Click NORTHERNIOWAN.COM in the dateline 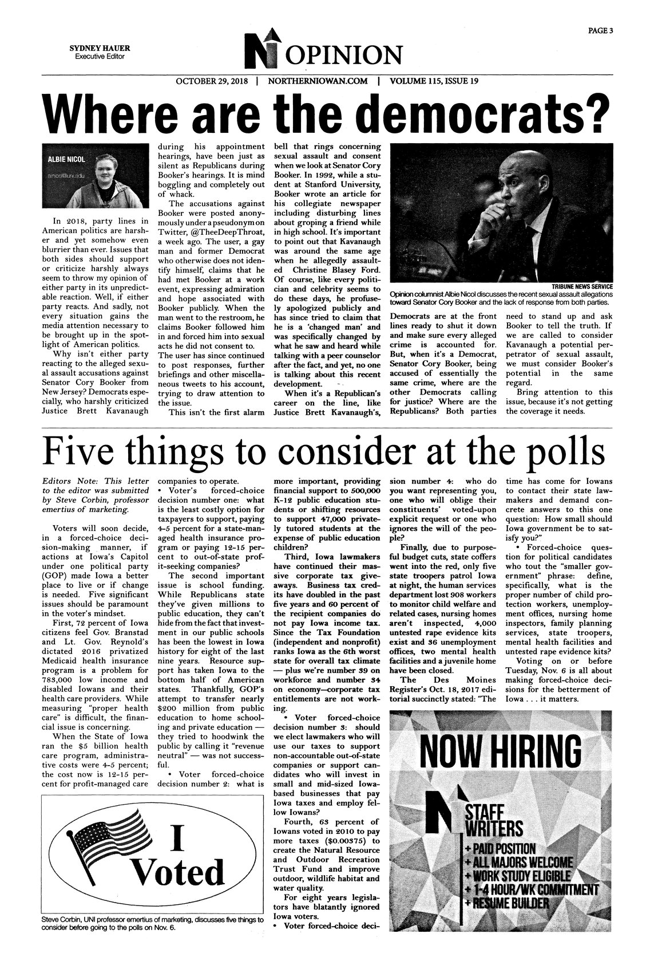click(317, 81)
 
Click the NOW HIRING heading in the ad click(501, 750)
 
